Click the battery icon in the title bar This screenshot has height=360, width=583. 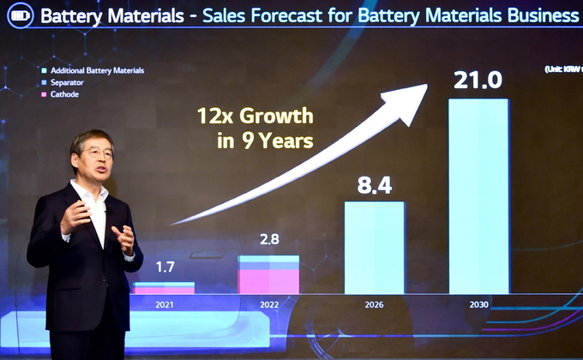tap(18, 15)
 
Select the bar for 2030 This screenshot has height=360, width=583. tap(478, 196)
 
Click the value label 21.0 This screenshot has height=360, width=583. tap(478, 80)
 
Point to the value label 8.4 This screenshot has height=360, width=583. tap(375, 183)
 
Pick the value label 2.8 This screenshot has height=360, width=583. tap(269, 238)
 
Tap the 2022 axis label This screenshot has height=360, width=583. tap(268, 303)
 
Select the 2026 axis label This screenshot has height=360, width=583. tap(374, 303)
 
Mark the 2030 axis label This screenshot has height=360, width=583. tap(478, 303)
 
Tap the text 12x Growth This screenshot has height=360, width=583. tap(255, 116)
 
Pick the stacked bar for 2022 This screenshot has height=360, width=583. tap(268, 274)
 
